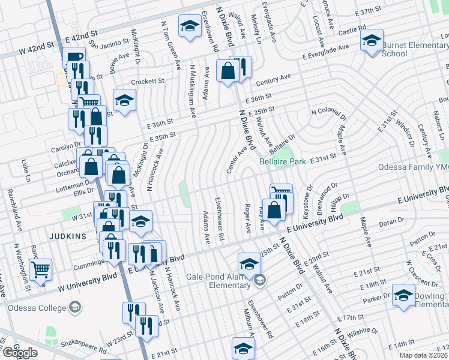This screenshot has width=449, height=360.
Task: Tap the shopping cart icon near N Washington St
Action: pyautogui.click(x=41, y=269)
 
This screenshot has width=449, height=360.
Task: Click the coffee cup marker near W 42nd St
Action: pyautogui.click(x=74, y=57)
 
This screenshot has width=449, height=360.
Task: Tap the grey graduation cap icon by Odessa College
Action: pyautogui.click(x=75, y=308)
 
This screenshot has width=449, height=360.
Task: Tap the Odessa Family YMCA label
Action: pyautogui.click(x=414, y=167)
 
